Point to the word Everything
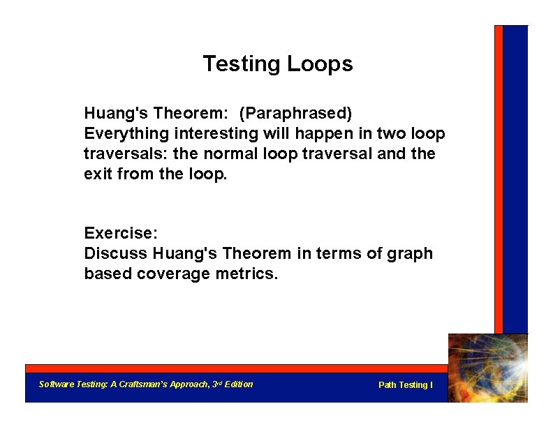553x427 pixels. [126, 133]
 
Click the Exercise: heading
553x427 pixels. [118, 233]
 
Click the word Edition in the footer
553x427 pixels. [239, 384]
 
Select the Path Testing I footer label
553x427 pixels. [405, 385]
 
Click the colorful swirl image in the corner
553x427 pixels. [487, 368]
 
